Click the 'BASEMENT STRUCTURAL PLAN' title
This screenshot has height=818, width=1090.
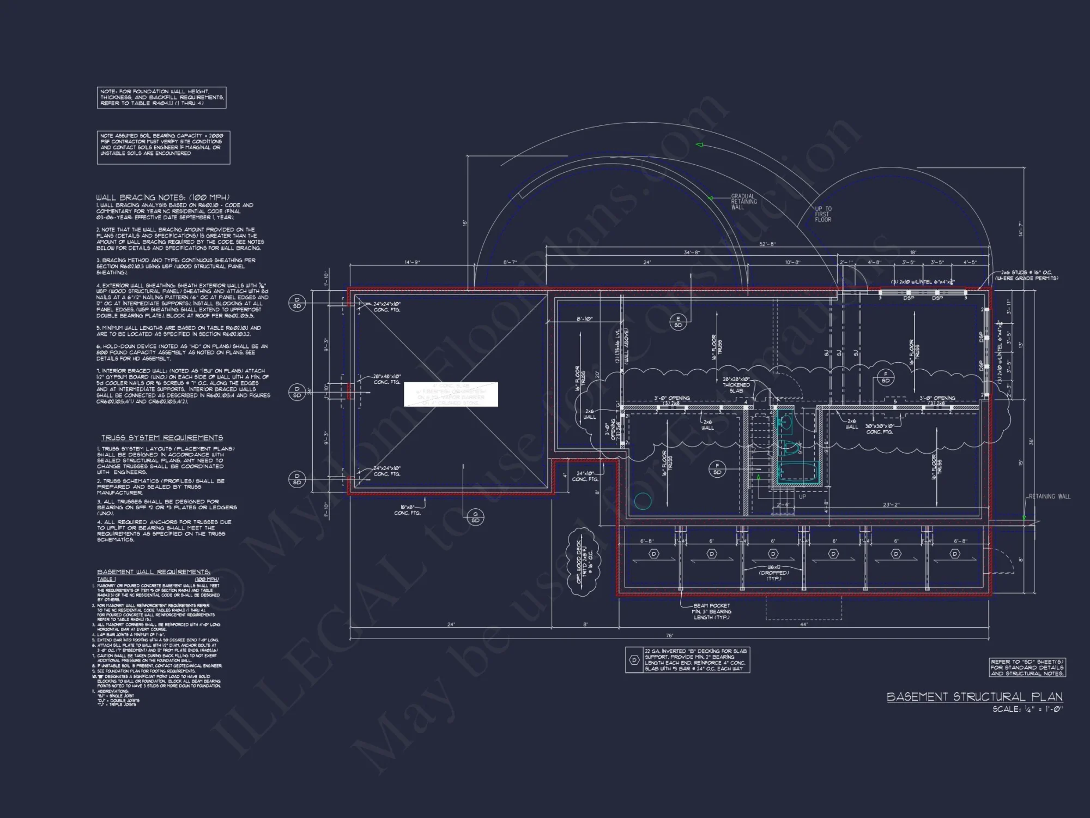(974, 697)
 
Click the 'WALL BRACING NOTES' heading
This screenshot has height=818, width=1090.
(163, 197)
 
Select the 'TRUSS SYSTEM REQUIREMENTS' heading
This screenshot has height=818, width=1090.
(162, 438)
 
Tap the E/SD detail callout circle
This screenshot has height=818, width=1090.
(678, 322)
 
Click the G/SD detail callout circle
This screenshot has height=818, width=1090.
(475, 517)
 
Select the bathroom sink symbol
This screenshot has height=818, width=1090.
(786, 422)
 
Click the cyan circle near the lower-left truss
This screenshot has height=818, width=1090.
(643, 501)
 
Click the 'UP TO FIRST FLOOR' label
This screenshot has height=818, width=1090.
(823, 214)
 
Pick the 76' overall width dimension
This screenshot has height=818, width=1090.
(669, 636)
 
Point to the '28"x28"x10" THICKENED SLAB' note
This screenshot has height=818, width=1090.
(736, 384)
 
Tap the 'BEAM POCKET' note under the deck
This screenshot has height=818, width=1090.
(712, 611)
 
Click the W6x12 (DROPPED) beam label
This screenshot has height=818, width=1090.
(774, 573)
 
